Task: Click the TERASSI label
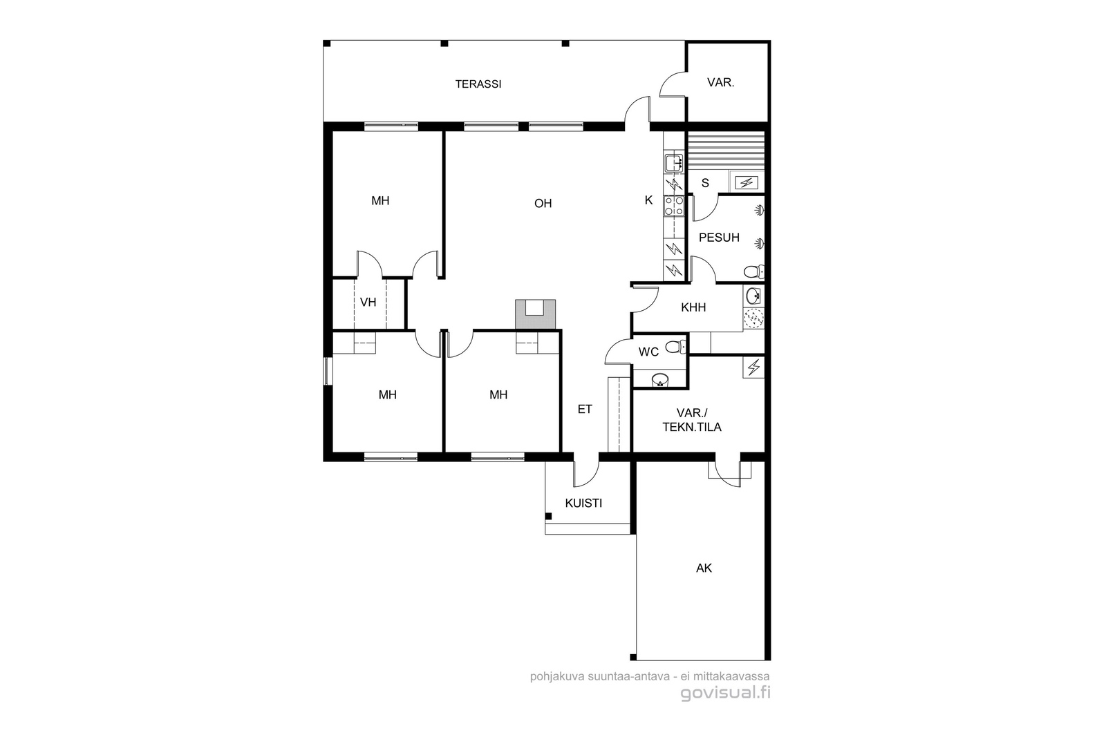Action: pos(478,84)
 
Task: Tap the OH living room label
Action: pos(543,203)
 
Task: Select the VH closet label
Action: pos(368,302)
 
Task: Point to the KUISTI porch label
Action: pos(583,503)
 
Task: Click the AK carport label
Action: pos(704,568)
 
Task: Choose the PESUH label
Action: pos(719,238)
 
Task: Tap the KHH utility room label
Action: pos(693,307)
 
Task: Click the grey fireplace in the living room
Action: pos(535,314)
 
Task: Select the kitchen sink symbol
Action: pos(673,162)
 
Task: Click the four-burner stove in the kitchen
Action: pos(674,207)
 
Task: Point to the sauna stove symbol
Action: pos(747,183)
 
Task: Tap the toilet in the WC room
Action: pos(675,347)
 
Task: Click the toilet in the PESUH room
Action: pos(753,271)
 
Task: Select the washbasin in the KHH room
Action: pos(753,296)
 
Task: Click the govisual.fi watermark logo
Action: pos(725,693)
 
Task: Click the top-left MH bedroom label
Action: pos(380,201)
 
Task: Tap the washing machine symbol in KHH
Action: pos(753,318)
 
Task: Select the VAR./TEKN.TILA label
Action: pos(692,420)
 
